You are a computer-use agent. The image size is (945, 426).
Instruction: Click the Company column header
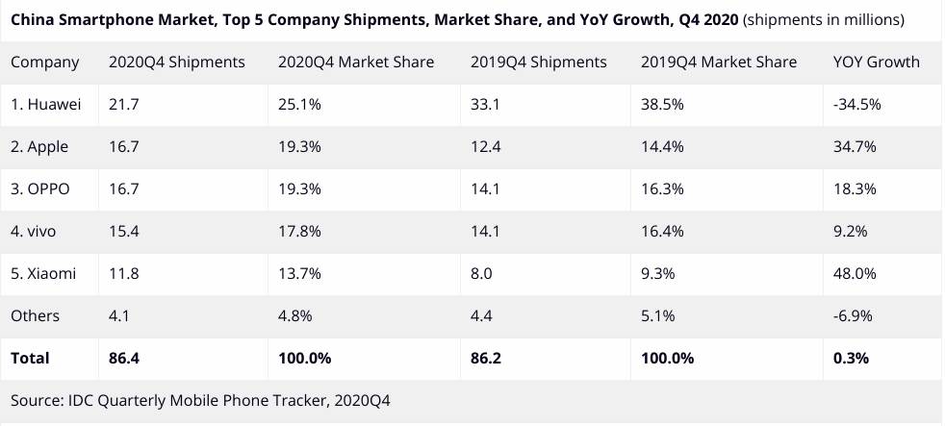[x=44, y=63]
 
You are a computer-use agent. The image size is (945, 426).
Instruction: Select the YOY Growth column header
[x=876, y=63]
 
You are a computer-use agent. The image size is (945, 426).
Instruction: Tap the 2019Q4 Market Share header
[x=718, y=63]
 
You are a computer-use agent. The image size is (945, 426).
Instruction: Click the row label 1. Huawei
[x=47, y=104]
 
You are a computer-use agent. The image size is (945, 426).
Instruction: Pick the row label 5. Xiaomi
[x=43, y=273]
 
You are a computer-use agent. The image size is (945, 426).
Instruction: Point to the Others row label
[x=35, y=315]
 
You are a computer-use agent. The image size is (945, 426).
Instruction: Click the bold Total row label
[x=30, y=358]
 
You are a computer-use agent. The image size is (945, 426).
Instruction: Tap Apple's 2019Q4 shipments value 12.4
[x=484, y=146]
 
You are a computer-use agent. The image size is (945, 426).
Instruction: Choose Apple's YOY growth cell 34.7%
[x=855, y=146]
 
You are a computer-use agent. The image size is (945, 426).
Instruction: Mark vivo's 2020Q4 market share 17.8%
[x=299, y=231]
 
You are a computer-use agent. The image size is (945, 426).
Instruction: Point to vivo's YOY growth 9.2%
[x=851, y=231]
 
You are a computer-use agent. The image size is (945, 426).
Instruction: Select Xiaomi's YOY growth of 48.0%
[x=855, y=273]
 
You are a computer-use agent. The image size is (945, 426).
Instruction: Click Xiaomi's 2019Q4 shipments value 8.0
[x=480, y=273]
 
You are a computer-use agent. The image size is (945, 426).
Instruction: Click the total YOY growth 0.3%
[x=851, y=358]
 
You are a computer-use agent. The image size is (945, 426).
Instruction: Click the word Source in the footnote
[x=37, y=399]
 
